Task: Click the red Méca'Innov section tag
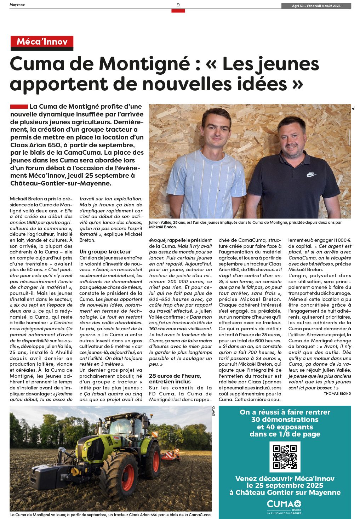(x=42, y=42)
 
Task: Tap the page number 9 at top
(x=178, y=5)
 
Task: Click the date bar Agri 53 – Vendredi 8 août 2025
(x=316, y=6)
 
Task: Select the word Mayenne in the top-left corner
(x=17, y=5)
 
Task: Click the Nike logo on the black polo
(x=311, y=174)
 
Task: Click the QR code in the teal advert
(x=285, y=457)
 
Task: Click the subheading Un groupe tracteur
(x=105, y=252)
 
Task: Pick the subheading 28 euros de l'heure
(x=175, y=376)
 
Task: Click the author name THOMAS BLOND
(x=337, y=393)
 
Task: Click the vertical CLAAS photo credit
(x=214, y=411)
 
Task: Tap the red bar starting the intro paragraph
(x=19, y=107)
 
